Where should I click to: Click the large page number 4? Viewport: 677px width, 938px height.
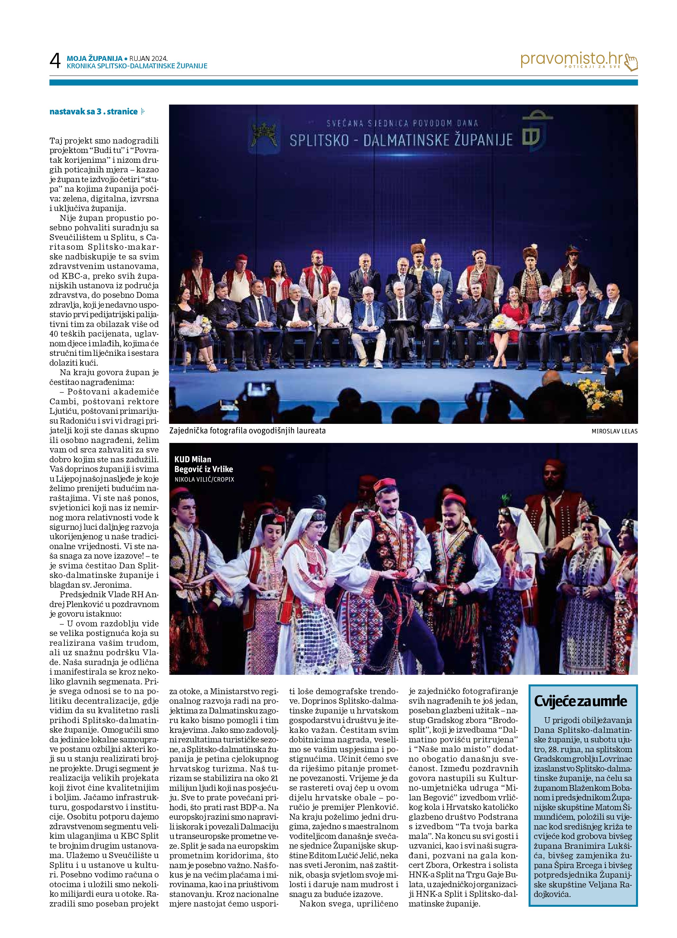[x=55, y=61]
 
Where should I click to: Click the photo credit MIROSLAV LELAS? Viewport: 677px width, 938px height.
[x=614, y=431]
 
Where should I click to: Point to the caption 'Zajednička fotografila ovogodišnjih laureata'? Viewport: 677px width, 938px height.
[x=247, y=430]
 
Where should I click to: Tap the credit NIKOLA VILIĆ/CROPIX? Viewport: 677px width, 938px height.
[x=204, y=479]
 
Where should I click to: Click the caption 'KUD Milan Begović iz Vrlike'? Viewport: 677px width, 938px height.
[x=203, y=464]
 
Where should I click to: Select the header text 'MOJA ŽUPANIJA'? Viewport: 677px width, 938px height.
[x=95, y=59]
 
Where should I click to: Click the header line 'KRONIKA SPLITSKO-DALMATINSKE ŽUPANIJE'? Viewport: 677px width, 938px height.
[x=137, y=66]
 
